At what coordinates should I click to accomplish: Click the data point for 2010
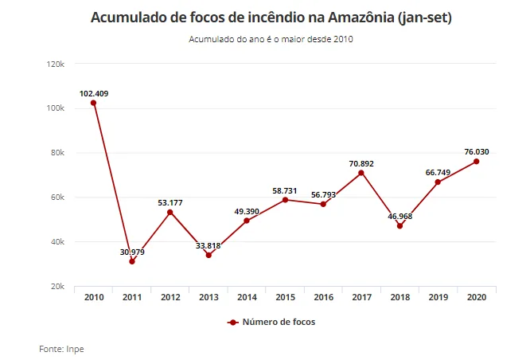[94, 103]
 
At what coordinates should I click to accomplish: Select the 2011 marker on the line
[132, 261]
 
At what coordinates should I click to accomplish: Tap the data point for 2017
[361, 173]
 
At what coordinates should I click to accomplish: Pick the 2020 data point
[476, 162]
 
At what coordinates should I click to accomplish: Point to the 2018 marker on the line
[399, 225]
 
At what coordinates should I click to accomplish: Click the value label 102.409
[94, 94]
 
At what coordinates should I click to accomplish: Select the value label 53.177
[170, 202]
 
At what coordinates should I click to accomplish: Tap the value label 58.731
[285, 191]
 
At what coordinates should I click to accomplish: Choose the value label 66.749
[438, 173]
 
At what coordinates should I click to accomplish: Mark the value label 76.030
[477, 152]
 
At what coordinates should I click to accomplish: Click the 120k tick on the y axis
[56, 64]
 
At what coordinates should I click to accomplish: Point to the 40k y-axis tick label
[57, 242]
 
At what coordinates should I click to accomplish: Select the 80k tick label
[57, 153]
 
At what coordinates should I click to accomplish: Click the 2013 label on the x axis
[208, 297]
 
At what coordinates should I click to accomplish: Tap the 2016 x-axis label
[323, 297]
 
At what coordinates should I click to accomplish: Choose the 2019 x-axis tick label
[438, 297]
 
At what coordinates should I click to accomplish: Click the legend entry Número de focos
[271, 322]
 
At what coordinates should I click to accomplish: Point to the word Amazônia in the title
[361, 18]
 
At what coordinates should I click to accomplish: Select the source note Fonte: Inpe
[61, 349]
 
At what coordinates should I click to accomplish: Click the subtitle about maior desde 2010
[271, 39]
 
